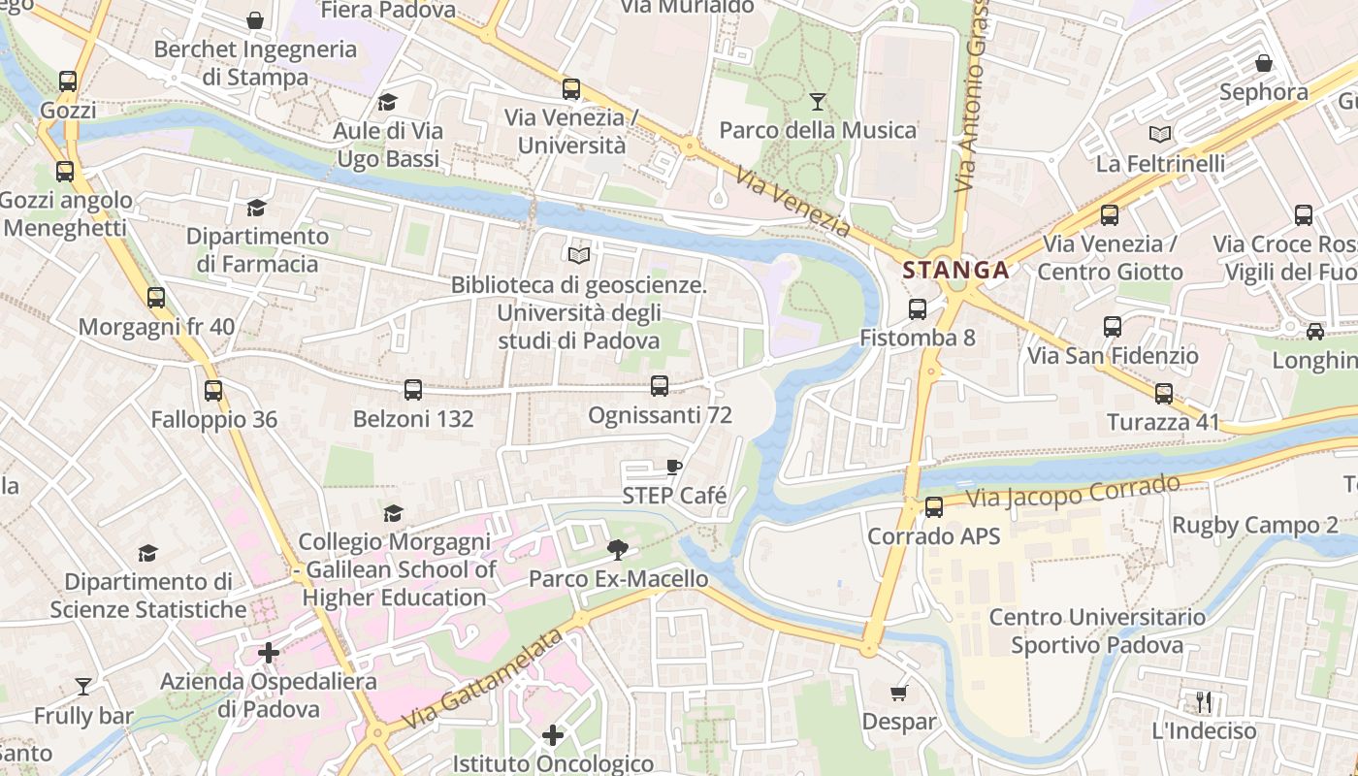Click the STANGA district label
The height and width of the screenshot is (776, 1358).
pos(955,271)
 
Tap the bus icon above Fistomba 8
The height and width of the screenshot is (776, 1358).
pos(917,309)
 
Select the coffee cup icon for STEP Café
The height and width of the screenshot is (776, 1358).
pos(674,468)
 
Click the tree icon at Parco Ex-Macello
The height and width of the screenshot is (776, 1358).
pos(617,551)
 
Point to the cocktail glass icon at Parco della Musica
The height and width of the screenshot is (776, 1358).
pos(818,101)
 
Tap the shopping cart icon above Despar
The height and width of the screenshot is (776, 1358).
pos(899,693)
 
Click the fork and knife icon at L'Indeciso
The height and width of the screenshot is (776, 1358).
pos(1204,701)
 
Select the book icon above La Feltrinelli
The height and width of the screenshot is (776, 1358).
pos(1160,135)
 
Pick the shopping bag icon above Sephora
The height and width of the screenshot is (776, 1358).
pos(1264,64)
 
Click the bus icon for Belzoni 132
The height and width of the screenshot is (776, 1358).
pos(413,390)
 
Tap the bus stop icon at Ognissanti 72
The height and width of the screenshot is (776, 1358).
pos(660,386)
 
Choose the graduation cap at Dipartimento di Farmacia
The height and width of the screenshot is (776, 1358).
pos(257,208)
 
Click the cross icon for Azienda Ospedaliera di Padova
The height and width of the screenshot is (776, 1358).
pos(269,653)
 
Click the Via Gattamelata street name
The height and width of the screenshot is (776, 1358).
pos(482,680)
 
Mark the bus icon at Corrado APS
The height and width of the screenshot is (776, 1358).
pos(934,506)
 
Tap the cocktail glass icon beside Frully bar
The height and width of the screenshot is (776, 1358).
pos(83,687)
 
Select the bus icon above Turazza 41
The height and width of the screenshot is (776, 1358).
pos(1164,394)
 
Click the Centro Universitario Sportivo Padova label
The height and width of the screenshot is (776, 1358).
pos(1097,631)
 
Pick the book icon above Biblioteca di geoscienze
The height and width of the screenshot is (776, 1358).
pos(579,256)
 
